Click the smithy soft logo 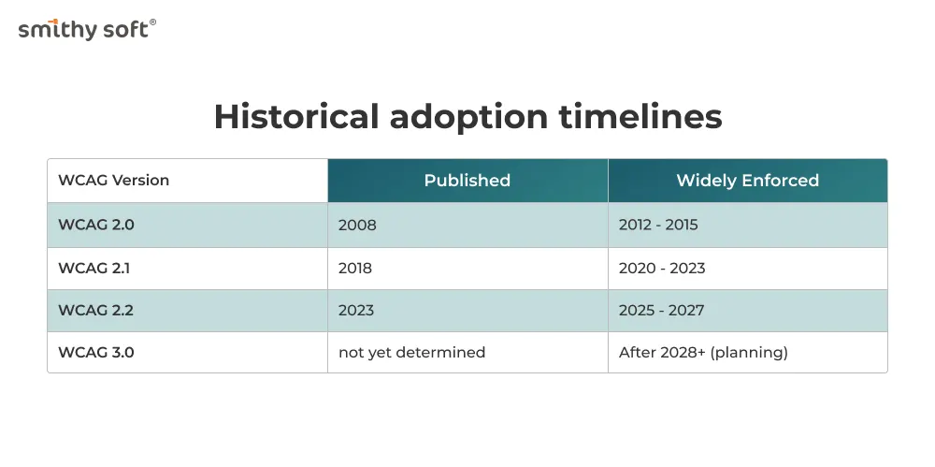[x=87, y=29]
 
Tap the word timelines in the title [x=640, y=116]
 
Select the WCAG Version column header [x=114, y=181]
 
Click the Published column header [x=467, y=181]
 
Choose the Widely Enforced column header [x=748, y=181]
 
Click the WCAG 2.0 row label [x=96, y=225]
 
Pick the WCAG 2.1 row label [x=94, y=269]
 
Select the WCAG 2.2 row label [x=95, y=311]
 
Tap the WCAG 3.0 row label [x=96, y=352]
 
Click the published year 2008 [x=357, y=225]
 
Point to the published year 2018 [x=355, y=269]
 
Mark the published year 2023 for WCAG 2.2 [x=356, y=311]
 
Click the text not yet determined [x=412, y=353]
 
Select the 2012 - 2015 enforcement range [x=658, y=225]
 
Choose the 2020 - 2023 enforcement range [x=662, y=269]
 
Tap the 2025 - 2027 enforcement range [x=661, y=311]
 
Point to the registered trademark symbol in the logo [x=152, y=22]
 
